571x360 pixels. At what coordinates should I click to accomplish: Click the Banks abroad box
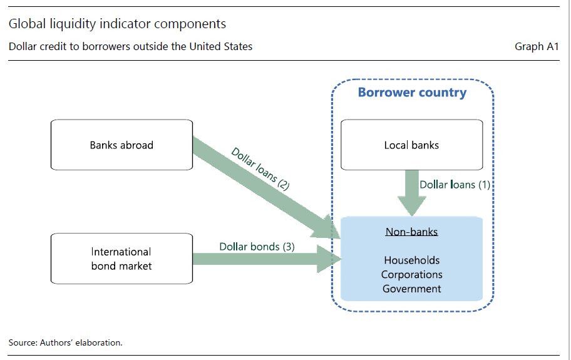point(121,145)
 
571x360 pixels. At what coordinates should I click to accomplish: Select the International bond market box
point(121,259)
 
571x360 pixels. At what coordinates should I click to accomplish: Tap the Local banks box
point(411,145)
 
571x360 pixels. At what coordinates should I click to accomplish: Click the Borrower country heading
point(412,93)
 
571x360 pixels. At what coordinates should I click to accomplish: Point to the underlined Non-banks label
point(411,232)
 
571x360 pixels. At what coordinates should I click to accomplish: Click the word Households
point(411,260)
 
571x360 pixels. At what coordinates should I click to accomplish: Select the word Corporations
point(411,274)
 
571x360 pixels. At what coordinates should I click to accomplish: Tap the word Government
point(411,289)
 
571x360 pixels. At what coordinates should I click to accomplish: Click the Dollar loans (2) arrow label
point(260,168)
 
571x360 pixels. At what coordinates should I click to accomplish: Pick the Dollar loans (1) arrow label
point(455,185)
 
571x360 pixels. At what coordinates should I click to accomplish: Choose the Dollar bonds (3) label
point(257,246)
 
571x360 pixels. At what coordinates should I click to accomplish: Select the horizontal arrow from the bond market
point(263,259)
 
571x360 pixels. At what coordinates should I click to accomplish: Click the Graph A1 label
point(537,46)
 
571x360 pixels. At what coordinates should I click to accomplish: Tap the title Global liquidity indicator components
point(117,24)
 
